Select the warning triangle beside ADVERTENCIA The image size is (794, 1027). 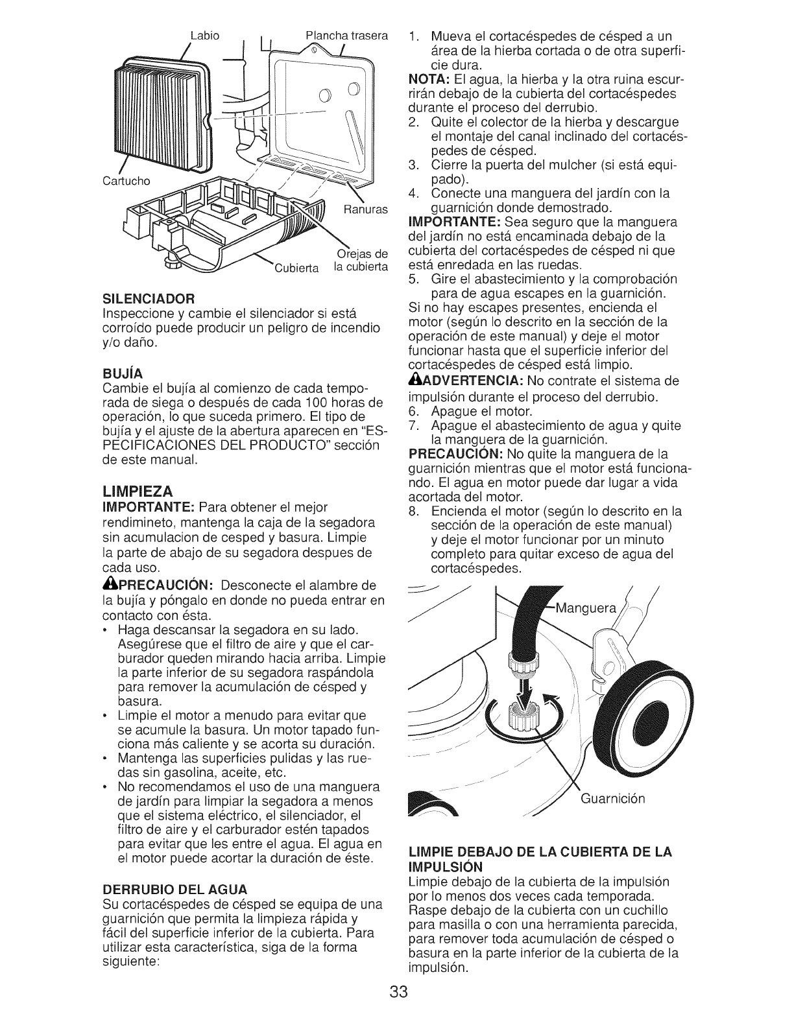pyautogui.click(x=413, y=380)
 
